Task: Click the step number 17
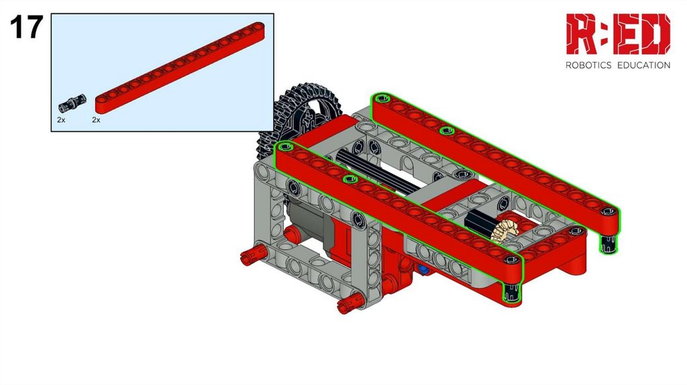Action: (26, 27)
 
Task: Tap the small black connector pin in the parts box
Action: (72, 104)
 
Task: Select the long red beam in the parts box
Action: (180, 67)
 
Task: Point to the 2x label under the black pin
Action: (61, 119)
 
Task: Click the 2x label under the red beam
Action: (96, 119)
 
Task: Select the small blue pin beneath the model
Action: (423, 270)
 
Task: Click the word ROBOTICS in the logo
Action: (588, 65)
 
